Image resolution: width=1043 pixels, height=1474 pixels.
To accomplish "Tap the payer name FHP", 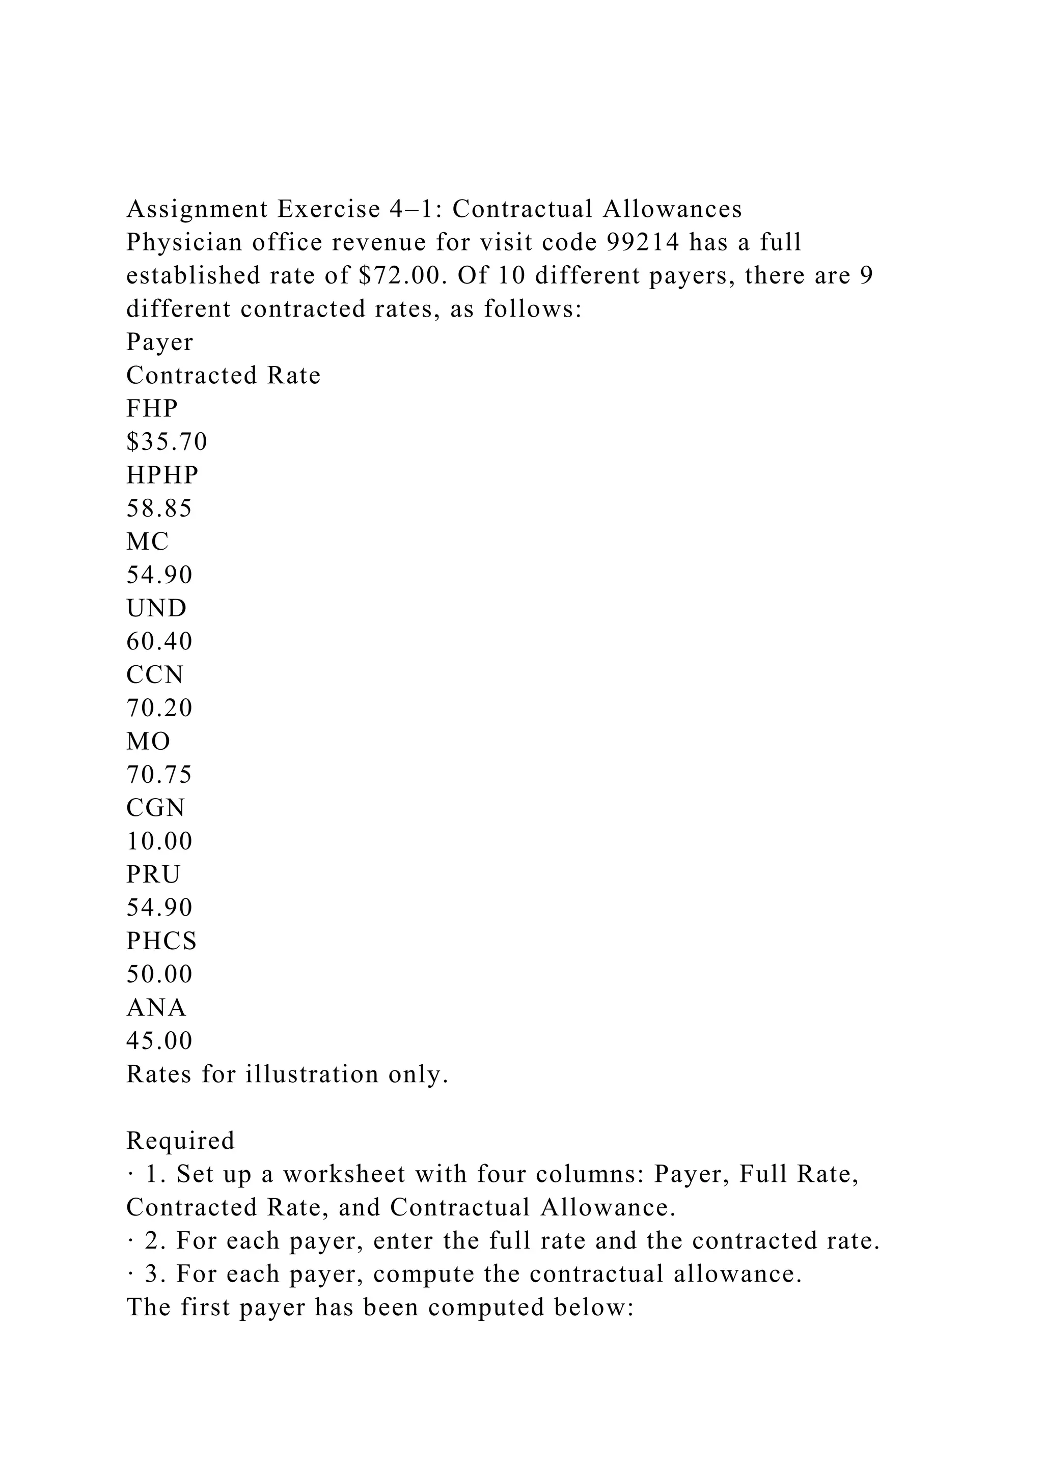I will point(152,409).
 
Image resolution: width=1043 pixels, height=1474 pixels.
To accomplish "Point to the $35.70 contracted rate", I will point(167,442).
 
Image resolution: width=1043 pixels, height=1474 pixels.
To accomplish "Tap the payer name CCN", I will point(155,675).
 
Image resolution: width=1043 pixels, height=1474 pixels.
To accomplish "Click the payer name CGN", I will point(156,808).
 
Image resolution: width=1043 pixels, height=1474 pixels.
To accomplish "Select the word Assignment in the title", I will point(197,210).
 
